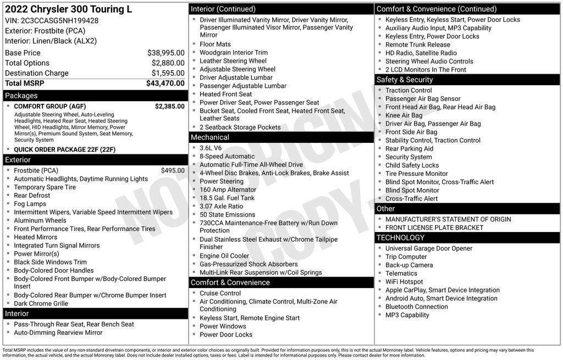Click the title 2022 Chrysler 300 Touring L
tap(69, 9)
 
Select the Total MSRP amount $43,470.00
tap(165, 84)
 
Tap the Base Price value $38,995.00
tap(165, 53)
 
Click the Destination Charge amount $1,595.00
tap(168, 73)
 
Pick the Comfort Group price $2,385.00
tap(169, 106)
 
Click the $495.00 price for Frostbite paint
tap(173, 170)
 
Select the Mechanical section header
tap(210, 137)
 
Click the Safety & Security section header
tap(405, 80)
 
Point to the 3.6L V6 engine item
tap(211, 148)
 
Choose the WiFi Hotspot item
tap(404, 282)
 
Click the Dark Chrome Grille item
tap(41, 303)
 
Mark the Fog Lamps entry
tap(30, 204)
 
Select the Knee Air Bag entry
tap(404, 115)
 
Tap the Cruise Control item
tap(220, 293)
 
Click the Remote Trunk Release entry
tap(418, 45)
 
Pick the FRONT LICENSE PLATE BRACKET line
tap(434, 228)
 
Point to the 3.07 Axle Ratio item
tap(221, 206)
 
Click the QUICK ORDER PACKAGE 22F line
tap(65, 149)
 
